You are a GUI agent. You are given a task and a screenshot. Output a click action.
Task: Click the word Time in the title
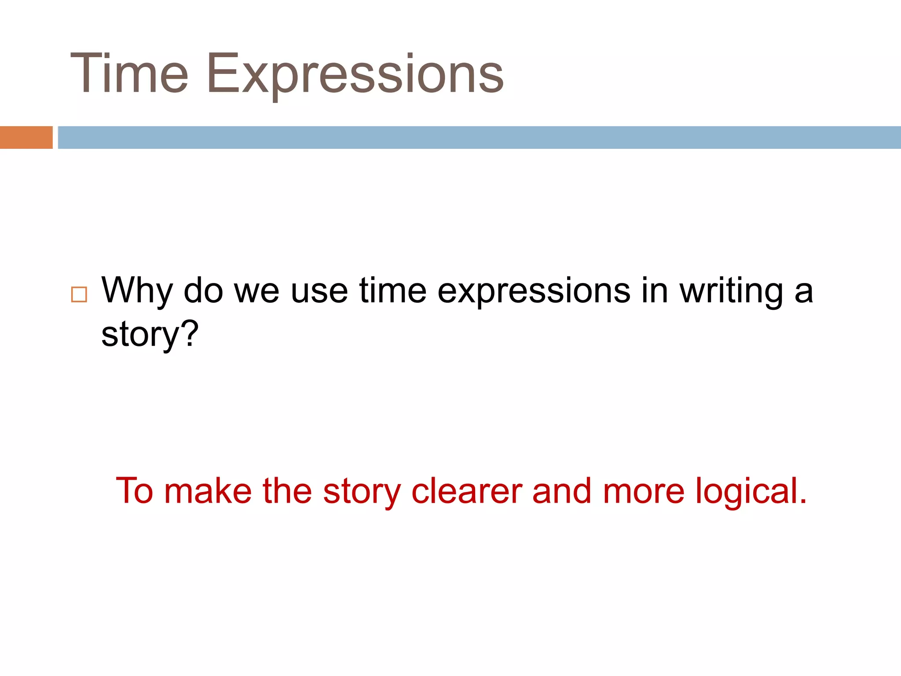coord(129,73)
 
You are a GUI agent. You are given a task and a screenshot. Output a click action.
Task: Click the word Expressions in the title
coord(355,73)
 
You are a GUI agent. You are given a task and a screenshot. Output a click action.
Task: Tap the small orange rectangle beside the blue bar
coord(26,137)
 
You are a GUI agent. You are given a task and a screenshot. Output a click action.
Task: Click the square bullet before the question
coord(79,294)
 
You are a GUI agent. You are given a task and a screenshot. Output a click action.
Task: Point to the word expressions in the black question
coord(534,291)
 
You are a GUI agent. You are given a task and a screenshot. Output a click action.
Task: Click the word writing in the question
coord(731,291)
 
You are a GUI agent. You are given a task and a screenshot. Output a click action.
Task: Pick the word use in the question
coord(319,291)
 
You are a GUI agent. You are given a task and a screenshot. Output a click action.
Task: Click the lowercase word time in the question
coord(393,291)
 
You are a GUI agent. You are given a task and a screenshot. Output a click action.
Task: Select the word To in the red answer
coord(134,491)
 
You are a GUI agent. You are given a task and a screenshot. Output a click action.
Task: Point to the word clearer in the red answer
coord(466,491)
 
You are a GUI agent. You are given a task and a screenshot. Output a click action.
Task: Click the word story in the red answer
coord(362,491)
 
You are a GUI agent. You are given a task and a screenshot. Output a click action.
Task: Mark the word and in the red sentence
coord(562,491)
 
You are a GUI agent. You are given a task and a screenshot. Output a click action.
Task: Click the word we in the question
coord(256,291)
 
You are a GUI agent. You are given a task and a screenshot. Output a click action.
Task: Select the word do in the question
coord(203,291)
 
